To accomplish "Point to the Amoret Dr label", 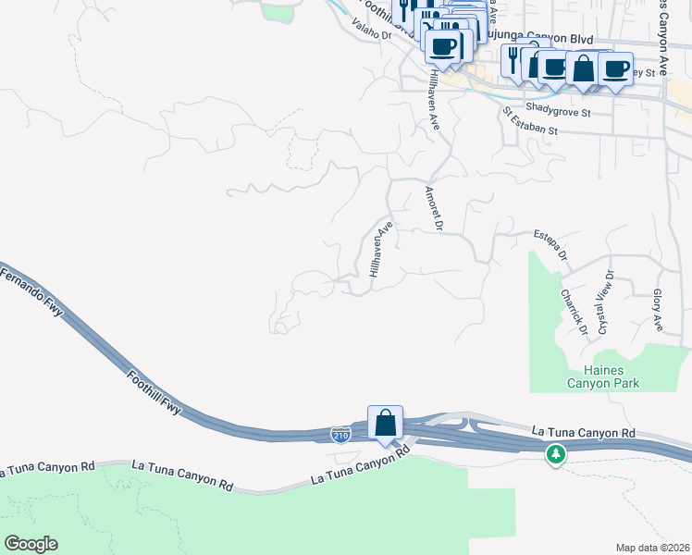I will click(x=432, y=208).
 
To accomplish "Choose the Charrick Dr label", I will click(x=573, y=311).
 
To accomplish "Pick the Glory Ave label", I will click(x=659, y=310).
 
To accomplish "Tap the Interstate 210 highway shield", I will click(x=340, y=433).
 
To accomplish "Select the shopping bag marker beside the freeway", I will click(x=385, y=423).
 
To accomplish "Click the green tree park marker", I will click(x=555, y=454).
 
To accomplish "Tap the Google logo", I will click(x=31, y=543).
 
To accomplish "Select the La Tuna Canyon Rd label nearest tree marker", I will click(x=583, y=433).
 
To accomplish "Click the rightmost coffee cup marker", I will click(x=615, y=68).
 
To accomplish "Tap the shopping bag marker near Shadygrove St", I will click(x=583, y=68).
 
